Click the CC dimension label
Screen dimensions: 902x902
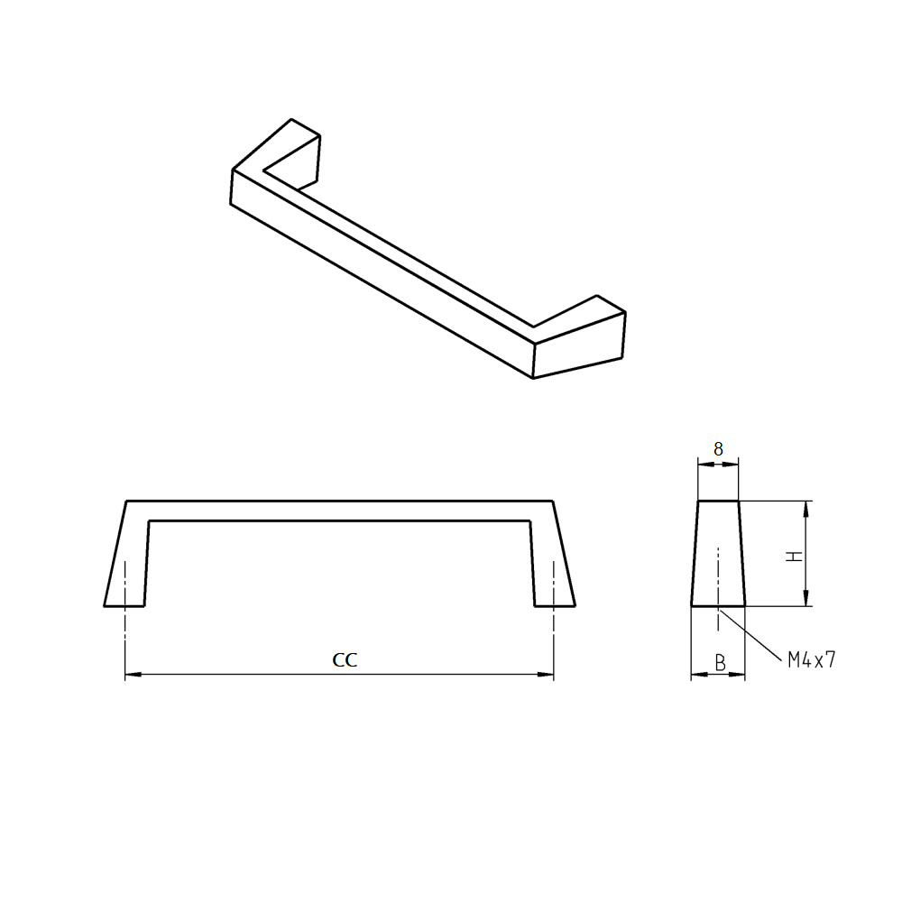(345, 660)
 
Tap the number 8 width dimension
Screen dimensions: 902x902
(718, 449)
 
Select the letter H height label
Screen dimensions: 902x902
(794, 556)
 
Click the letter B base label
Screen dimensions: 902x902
(720, 663)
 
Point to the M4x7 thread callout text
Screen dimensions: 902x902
(812, 660)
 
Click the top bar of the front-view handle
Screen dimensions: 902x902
(338, 511)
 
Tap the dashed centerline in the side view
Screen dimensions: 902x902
(718, 577)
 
